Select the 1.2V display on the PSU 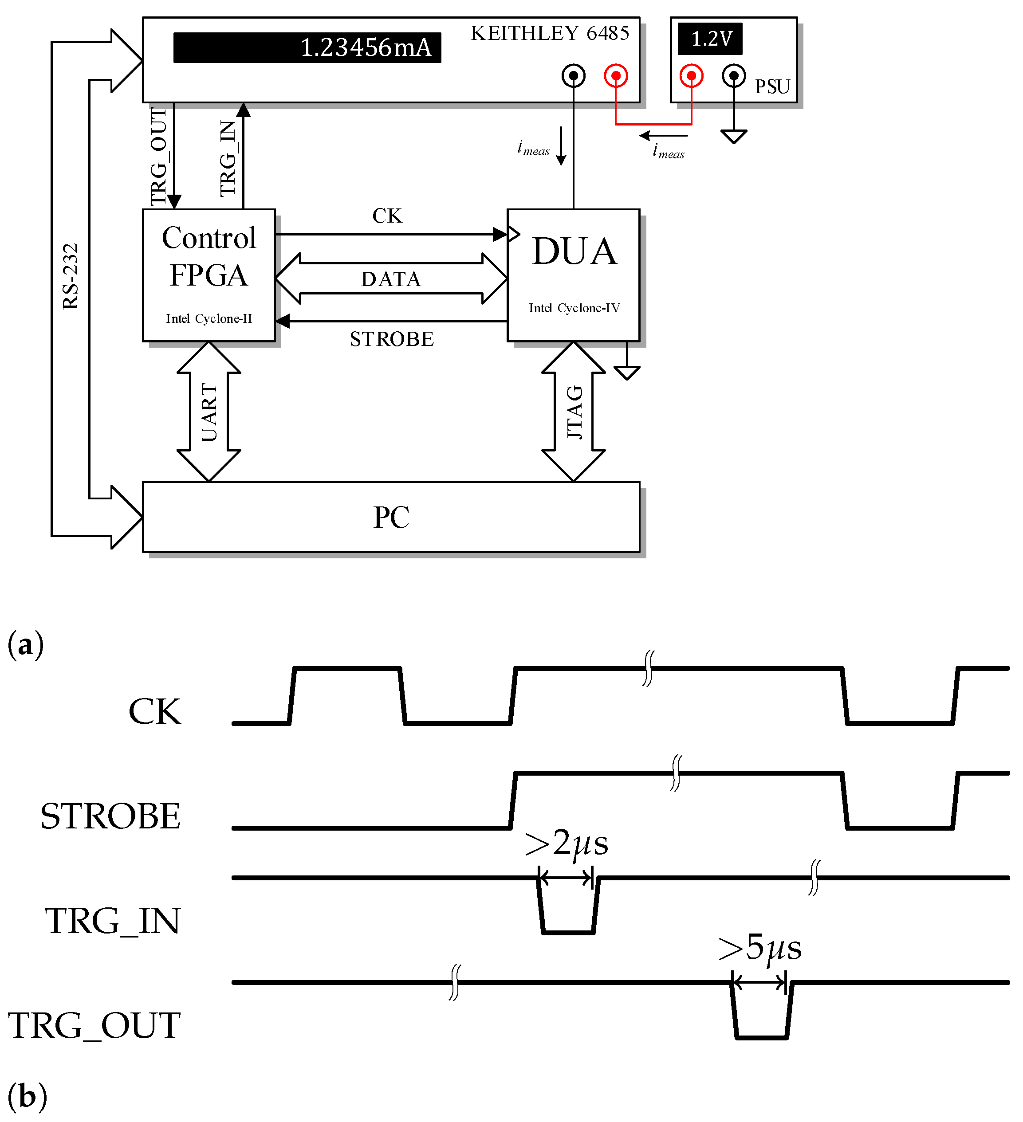(x=710, y=39)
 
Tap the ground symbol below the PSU (x=734, y=136)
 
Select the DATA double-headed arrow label (x=391, y=279)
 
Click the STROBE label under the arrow (x=391, y=339)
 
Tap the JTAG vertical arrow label (x=574, y=412)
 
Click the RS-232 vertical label (x=71, y=277)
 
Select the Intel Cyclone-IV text (x=574, y=308)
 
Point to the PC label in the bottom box (x=391, y=517)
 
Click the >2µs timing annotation (x=567, y=843)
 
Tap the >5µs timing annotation (x=760, y=948)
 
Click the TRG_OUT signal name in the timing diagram (x=94, y=1025)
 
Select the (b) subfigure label (x=27, y=1096)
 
